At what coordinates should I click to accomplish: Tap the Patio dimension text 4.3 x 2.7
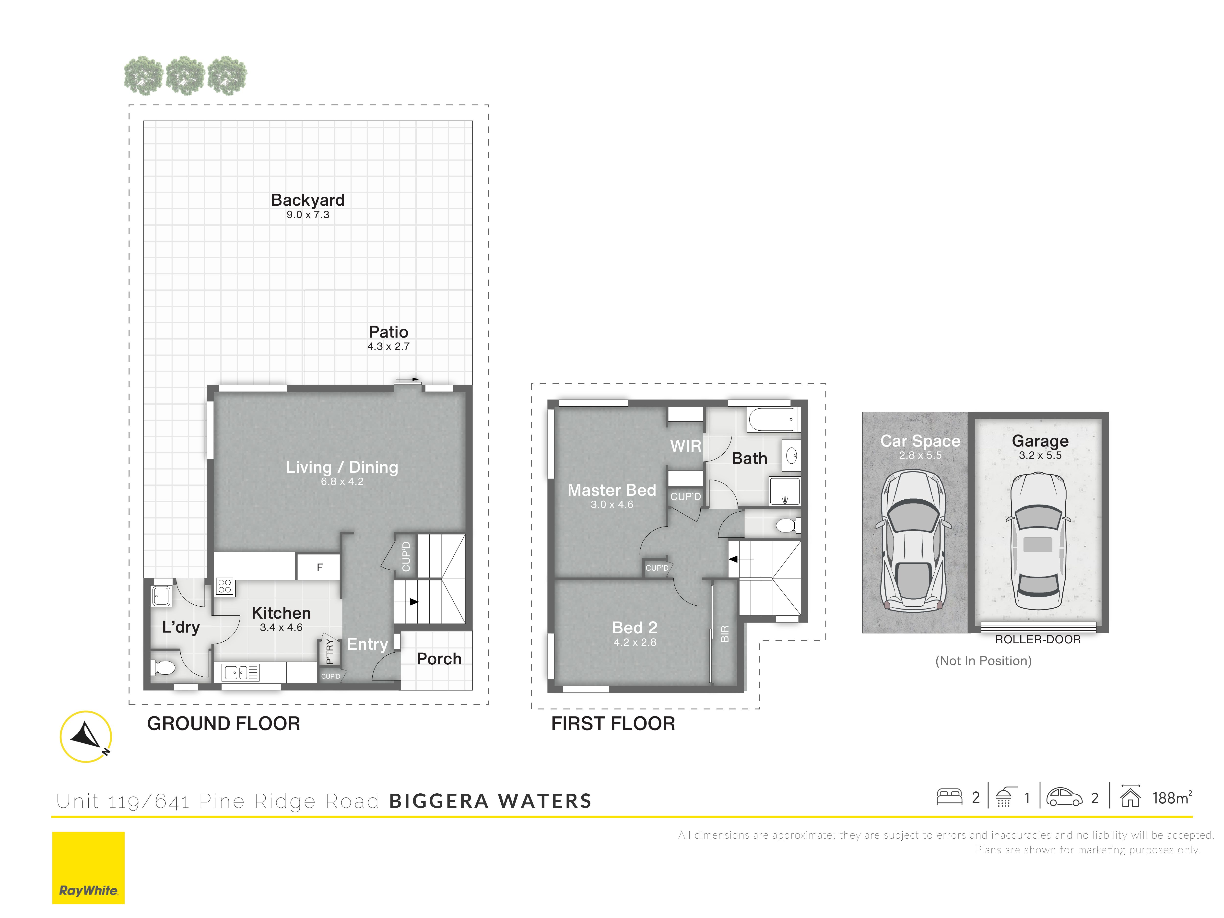388,346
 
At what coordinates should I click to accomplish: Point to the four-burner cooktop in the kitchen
225,587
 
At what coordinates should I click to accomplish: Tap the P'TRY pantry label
329,651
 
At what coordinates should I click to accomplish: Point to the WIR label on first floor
686,446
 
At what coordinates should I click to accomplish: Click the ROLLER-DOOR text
1037,640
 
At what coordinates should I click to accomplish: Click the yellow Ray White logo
89,868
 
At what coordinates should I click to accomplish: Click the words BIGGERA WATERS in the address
490,801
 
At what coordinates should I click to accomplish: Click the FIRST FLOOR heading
613,723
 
